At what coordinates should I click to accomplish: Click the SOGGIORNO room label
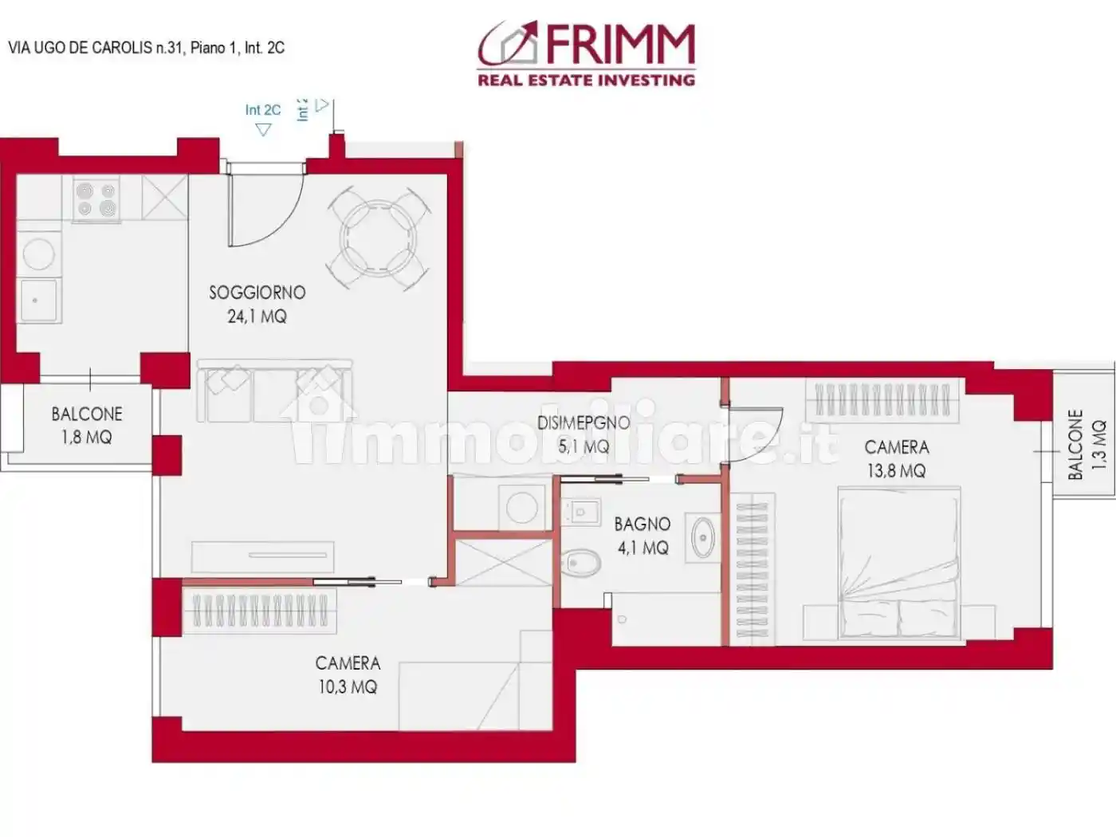click(257, 293)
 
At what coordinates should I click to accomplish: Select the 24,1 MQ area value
click(257, 316)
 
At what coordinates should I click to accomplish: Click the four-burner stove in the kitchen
click(96, 199)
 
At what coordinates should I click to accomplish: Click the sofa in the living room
click(274, 391)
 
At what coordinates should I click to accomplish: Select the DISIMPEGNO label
click(584, 422)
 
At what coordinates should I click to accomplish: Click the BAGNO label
click(642, 524)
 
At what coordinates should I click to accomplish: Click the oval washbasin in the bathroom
click(703, 538)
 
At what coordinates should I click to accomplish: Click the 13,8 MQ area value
click(897, 471)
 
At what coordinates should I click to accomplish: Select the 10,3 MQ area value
click(348, 686)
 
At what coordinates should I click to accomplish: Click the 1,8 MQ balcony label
click(86, 437)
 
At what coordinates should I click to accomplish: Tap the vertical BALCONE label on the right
click(1075, 445)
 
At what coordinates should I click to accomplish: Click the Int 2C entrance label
click(262, 110)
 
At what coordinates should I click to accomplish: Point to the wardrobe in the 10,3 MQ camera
click(260, 611)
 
